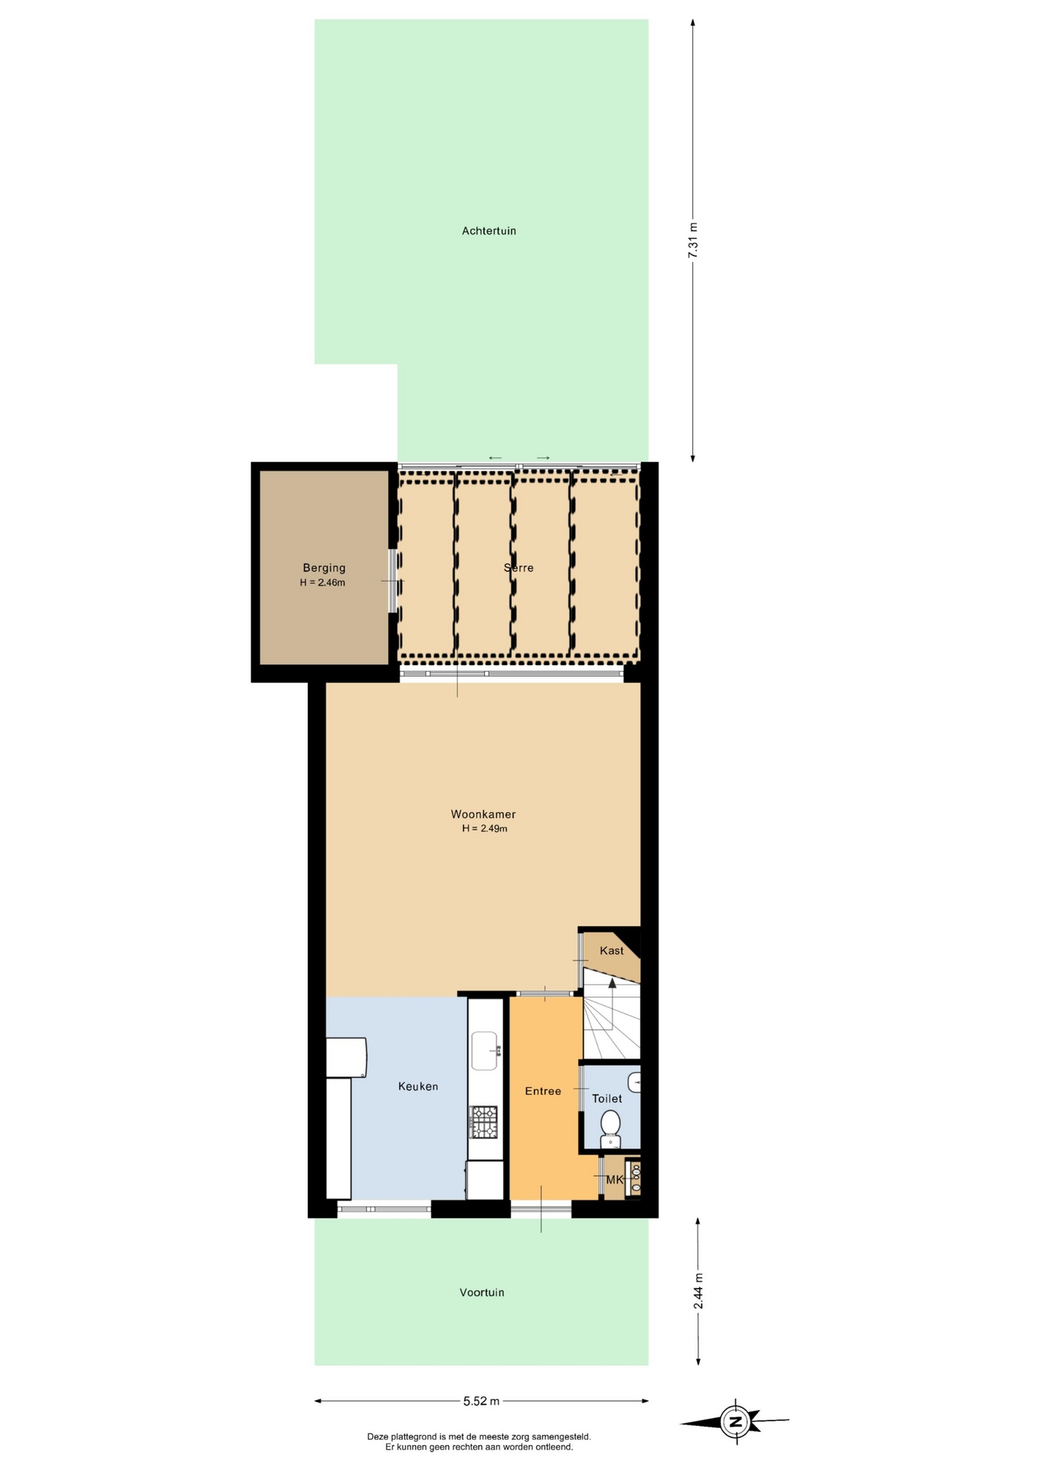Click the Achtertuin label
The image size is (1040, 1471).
pos(489,231)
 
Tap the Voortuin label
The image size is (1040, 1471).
pos(482,1292)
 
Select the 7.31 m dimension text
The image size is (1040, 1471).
pos(693,240)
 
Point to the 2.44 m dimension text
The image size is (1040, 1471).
pos(698,1292)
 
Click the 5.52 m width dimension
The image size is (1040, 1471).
pos(481,1401)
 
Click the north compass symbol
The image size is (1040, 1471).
pos(735,1423)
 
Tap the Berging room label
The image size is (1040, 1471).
pos(324,568)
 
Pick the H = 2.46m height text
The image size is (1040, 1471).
pos(322,582)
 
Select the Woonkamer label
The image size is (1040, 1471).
pos(483,814)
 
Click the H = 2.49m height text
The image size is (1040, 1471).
pos(485,828)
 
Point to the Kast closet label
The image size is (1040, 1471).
pos(612,951)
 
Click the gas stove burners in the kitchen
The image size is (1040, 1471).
pos(484,1122)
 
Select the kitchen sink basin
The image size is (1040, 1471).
pos(485,1050)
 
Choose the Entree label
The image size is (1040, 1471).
pos(543,1091)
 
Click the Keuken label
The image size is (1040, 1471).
pos(418,1086)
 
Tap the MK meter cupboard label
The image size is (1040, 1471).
pos(615,1180)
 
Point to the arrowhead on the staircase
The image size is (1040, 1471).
pos(612,983)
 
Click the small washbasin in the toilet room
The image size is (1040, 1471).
pos(635,1083)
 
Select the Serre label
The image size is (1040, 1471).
pos(518,568)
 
